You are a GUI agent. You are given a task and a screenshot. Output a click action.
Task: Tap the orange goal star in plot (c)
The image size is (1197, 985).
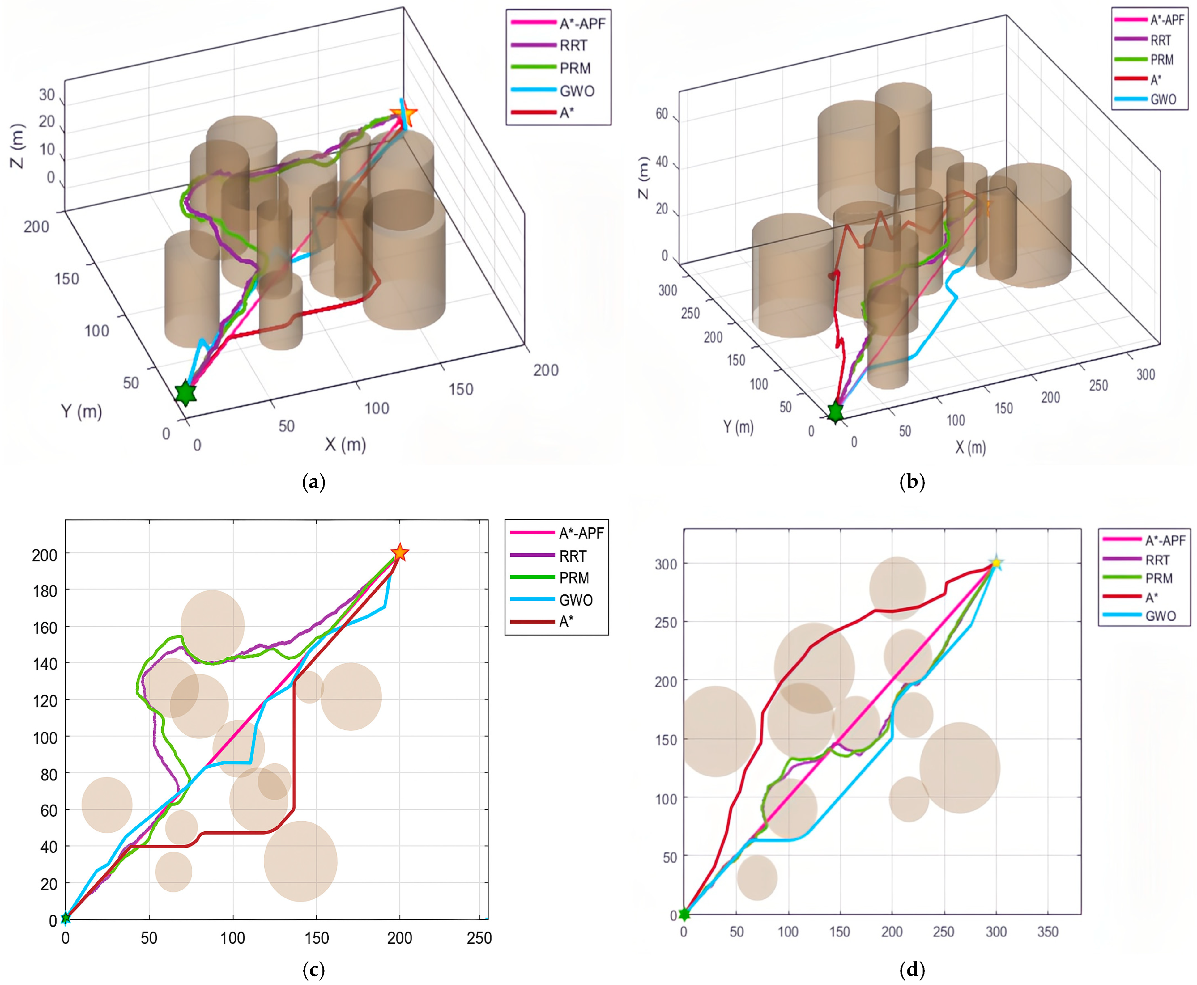400,552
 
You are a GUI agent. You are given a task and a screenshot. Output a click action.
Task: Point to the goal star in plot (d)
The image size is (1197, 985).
996,563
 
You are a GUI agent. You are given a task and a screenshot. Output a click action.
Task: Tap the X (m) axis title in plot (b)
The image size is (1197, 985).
970,448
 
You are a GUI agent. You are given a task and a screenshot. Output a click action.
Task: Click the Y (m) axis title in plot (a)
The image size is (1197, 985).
82,411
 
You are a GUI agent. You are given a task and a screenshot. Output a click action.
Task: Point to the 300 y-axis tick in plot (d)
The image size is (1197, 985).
666,564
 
